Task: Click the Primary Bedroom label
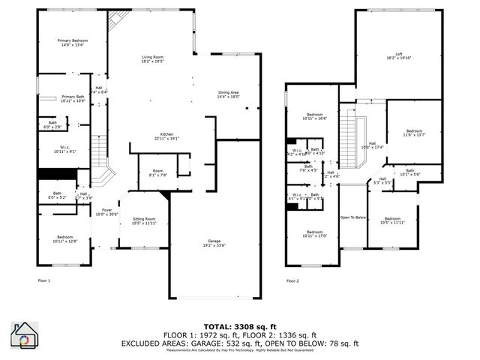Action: tap(73, 43)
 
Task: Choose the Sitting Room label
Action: tap(143, 221)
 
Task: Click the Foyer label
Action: tap(107, 212)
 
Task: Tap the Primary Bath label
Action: tap(73, 98)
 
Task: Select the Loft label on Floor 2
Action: tap(388, 56)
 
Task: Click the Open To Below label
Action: tap(353, 217)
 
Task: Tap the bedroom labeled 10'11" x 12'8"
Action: tap(64, 239)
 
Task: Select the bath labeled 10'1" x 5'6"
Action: tap(409, 172)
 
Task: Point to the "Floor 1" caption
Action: tap(44, 280)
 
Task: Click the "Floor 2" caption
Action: tap(292, 280)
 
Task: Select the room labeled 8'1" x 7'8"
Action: tap(157, 172)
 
